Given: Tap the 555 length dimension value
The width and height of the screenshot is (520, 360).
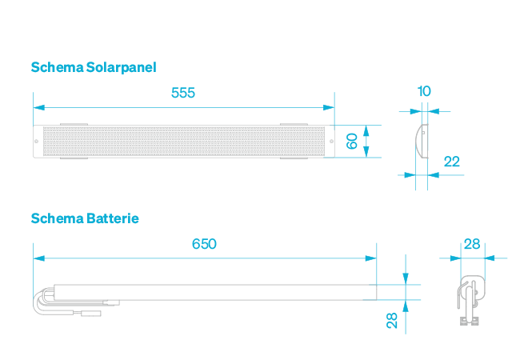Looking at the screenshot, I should point(183,93).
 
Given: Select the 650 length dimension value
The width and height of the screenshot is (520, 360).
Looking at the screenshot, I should point(204,244).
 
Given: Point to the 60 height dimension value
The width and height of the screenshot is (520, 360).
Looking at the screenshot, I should point(351,142).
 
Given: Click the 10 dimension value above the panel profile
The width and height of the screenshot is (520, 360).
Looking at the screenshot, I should point(424,91).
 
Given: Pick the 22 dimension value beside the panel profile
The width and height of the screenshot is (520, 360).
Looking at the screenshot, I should point(451,162).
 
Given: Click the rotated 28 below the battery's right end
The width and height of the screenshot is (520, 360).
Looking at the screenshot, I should point(392,320).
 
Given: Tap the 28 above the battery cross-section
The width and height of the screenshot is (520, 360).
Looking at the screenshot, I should point(472,244).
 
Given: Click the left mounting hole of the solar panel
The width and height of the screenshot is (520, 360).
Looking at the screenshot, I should point(38,142).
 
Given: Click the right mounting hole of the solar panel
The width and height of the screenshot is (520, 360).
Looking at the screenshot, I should point(330,142).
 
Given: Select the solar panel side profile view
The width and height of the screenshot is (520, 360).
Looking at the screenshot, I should point(422,142).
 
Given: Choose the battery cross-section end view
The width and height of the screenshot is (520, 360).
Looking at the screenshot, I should point(470,298).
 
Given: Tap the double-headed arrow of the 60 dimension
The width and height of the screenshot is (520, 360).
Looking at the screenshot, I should point(366,142).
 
